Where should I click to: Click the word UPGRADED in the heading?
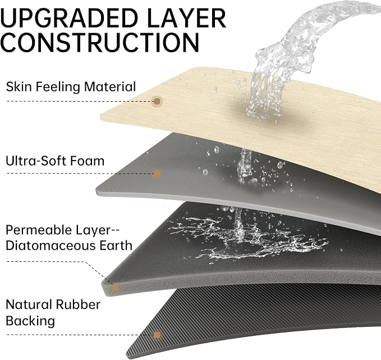[69, 18]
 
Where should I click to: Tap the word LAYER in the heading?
[186, 18]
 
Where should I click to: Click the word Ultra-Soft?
[35, 161]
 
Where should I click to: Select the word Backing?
[30, 321]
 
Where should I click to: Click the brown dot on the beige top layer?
[157, 101]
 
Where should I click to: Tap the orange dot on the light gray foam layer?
[157, 174]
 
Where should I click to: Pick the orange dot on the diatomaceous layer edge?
[116, 288]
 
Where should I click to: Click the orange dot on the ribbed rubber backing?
[157, 335]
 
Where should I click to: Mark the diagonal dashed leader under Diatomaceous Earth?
[99, 273]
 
